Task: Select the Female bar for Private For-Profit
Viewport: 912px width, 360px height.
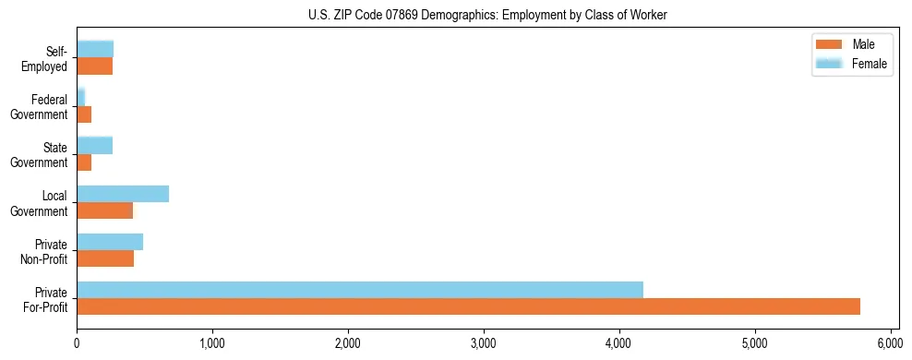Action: [360, 290]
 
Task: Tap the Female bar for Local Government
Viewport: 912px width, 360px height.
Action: [123, 194]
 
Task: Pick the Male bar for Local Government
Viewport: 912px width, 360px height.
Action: [104, 210]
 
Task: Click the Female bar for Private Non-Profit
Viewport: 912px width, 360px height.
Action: [110, 242]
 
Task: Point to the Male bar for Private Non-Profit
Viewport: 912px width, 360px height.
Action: [105, 258]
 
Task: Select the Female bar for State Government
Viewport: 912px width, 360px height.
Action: [94, 145]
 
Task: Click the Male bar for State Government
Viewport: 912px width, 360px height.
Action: [84, 162]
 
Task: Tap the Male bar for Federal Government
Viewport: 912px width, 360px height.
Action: [84, 114]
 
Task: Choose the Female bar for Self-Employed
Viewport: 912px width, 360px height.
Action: [95, 49]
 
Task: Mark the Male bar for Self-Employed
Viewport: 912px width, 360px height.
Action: [94, 66]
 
